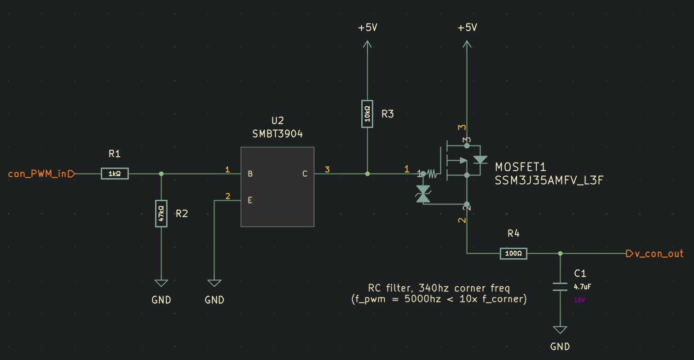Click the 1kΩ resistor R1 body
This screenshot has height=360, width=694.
pyautogui.click(x=115, y=174)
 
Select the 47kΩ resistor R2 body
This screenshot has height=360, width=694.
pyautogui.click(x=161, y=213)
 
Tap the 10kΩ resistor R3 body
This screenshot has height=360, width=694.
pyautogui.click(x=367, y=114)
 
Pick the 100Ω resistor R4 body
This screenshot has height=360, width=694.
pyautogui.click(x=513, y=253)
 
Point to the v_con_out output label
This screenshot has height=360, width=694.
pyautogui.click(x=658, y=254)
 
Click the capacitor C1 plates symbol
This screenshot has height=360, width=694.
pyautogui.click(x=560, y=286)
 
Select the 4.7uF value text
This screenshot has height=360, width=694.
pyautogui.click(x=582, y=286)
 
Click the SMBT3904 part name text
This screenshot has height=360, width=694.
pyautogui.click(x=278, y=134)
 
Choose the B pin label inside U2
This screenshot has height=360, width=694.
pyautogui.click(x=250, y=174)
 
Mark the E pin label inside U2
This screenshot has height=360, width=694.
pyautogui.click(x=250, y=200)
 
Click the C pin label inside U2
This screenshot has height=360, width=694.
pyautogui.click(x=305, y=174)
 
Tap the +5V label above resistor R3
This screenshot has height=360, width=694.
pyautogui.click(x=367, y=28)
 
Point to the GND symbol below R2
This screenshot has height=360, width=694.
pyautogui.click(x=161, y=284)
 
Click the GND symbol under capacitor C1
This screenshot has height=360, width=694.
pyautogui.click(x=560, y=330)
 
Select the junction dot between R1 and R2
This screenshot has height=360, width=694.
pyautogui.click(x=161, y=174)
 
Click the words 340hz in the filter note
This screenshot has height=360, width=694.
pyautogui.click(x=435, y=289)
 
